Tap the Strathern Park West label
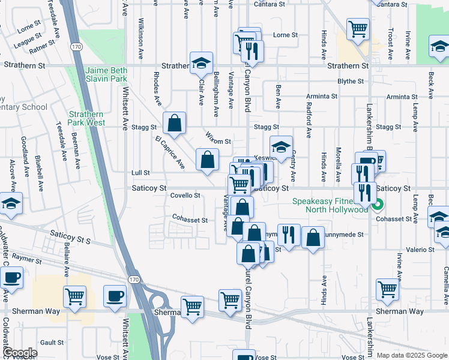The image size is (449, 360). pos(86,118)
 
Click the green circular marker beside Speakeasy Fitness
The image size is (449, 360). pos(378,209)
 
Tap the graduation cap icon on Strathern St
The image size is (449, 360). pos(202,62)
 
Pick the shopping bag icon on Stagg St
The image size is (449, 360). pos(174,123)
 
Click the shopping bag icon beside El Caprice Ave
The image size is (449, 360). pos(208,160)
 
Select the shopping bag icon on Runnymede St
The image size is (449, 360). pos(313,237)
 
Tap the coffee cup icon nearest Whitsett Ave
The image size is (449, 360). pos(115,296)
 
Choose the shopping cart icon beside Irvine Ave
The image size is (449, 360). pos(388,290)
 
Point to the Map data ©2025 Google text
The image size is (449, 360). pos(411,355)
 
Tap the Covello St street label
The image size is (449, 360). pos(185,196)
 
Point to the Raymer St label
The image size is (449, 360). pos(24,260)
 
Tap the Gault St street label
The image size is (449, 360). pos(52,342)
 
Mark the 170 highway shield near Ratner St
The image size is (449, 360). pos(76,46)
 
